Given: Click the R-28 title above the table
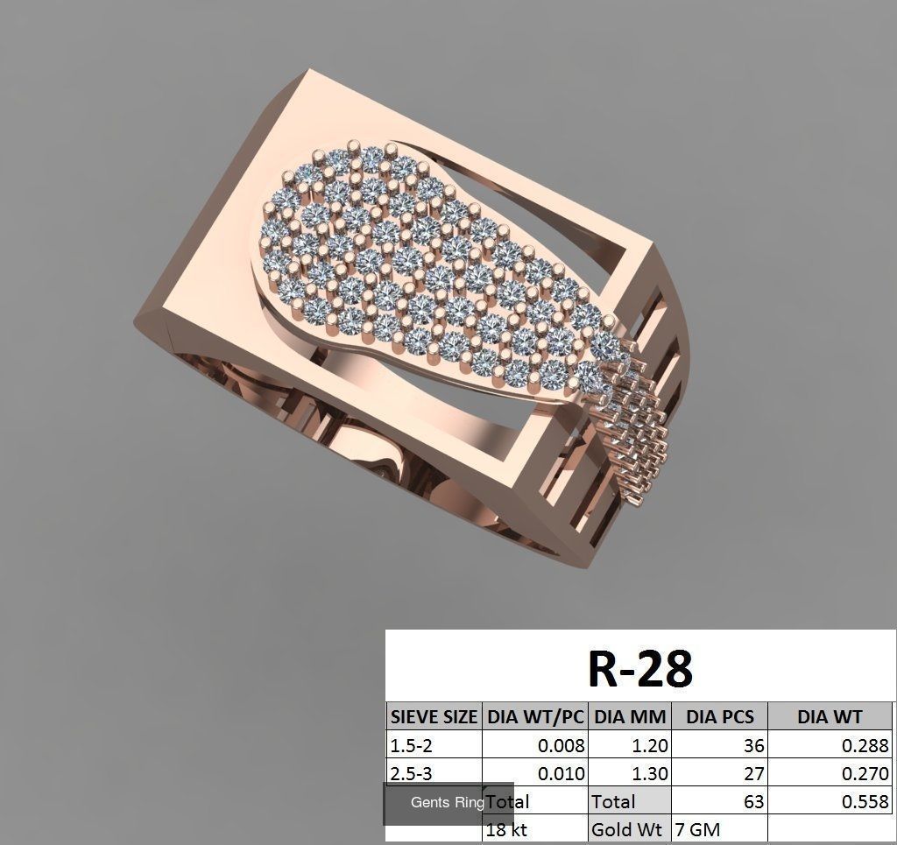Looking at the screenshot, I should [639, 669].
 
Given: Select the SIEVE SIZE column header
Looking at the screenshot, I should [434, 717].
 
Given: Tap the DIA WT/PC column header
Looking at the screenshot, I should [535, 717].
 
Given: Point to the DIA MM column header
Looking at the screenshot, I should [630, 717].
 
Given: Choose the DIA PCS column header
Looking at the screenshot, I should [719, 717].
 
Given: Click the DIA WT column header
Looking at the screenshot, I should [829, 717].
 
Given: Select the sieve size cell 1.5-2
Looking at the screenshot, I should [411, 746].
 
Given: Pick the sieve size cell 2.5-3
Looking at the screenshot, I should [411, 774].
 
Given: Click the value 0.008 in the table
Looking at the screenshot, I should [561, 746].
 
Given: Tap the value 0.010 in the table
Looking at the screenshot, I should [561, 774].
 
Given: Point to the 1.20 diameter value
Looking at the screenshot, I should [649, 746].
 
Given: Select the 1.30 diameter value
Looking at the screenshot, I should [649, 774].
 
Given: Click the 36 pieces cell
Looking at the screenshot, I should [752, 746].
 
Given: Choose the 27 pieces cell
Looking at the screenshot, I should [752, 774].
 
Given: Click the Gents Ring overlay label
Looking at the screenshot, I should [447, 803].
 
